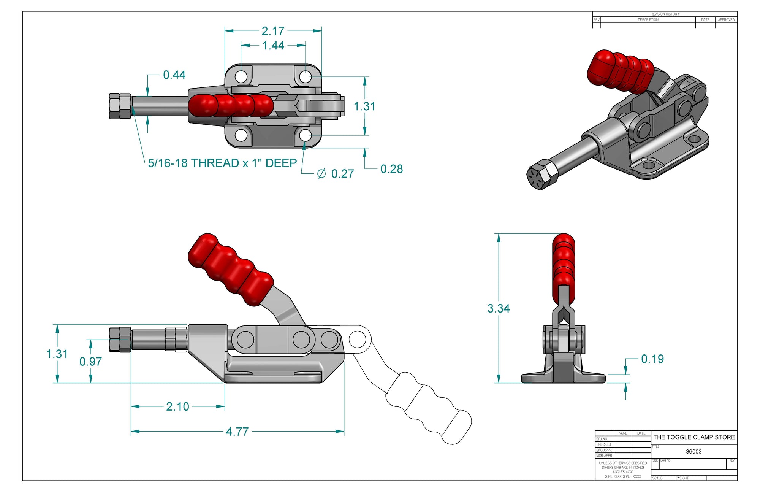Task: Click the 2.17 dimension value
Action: (x=273, y=31)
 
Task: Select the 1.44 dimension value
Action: (x=273, y=46)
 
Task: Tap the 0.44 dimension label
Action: (x=174, y=75)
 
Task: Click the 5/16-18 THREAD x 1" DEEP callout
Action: (x=222, y=163)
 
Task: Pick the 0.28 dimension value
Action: (x=391, y=169)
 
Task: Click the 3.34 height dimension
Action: (x=498, y=308)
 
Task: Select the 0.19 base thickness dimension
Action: (x=652, y=359)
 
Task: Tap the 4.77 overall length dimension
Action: (x=237, y=432)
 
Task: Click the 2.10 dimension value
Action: (x=177, y=406)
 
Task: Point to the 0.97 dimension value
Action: (x=90, y=362)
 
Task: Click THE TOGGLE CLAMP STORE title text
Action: (x=694, y=437)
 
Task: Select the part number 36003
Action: (x=693, y=452)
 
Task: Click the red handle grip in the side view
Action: (x=230, y=269)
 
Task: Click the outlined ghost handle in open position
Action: (x=429, y=407)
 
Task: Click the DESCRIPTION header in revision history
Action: (x=648, y=20)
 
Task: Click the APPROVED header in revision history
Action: (x=726, y=20)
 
